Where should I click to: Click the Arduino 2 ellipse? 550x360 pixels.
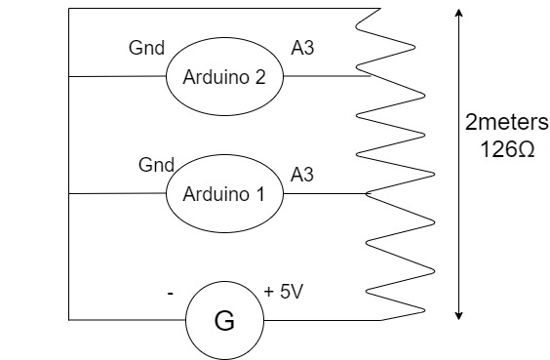224,76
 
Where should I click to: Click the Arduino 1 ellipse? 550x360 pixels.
224,193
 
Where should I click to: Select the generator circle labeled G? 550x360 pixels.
224,320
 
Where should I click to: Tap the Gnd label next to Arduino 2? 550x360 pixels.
146,48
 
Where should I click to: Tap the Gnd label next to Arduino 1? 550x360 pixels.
157,165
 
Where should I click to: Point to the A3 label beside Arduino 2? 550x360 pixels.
302,48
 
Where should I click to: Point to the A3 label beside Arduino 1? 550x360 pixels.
302,174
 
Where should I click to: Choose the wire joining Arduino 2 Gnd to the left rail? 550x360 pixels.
117,76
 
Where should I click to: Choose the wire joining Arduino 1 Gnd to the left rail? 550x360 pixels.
117,193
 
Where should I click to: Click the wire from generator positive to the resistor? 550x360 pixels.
322,320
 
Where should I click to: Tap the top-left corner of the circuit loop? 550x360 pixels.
70,11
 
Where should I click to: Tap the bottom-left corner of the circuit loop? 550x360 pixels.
70,320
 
